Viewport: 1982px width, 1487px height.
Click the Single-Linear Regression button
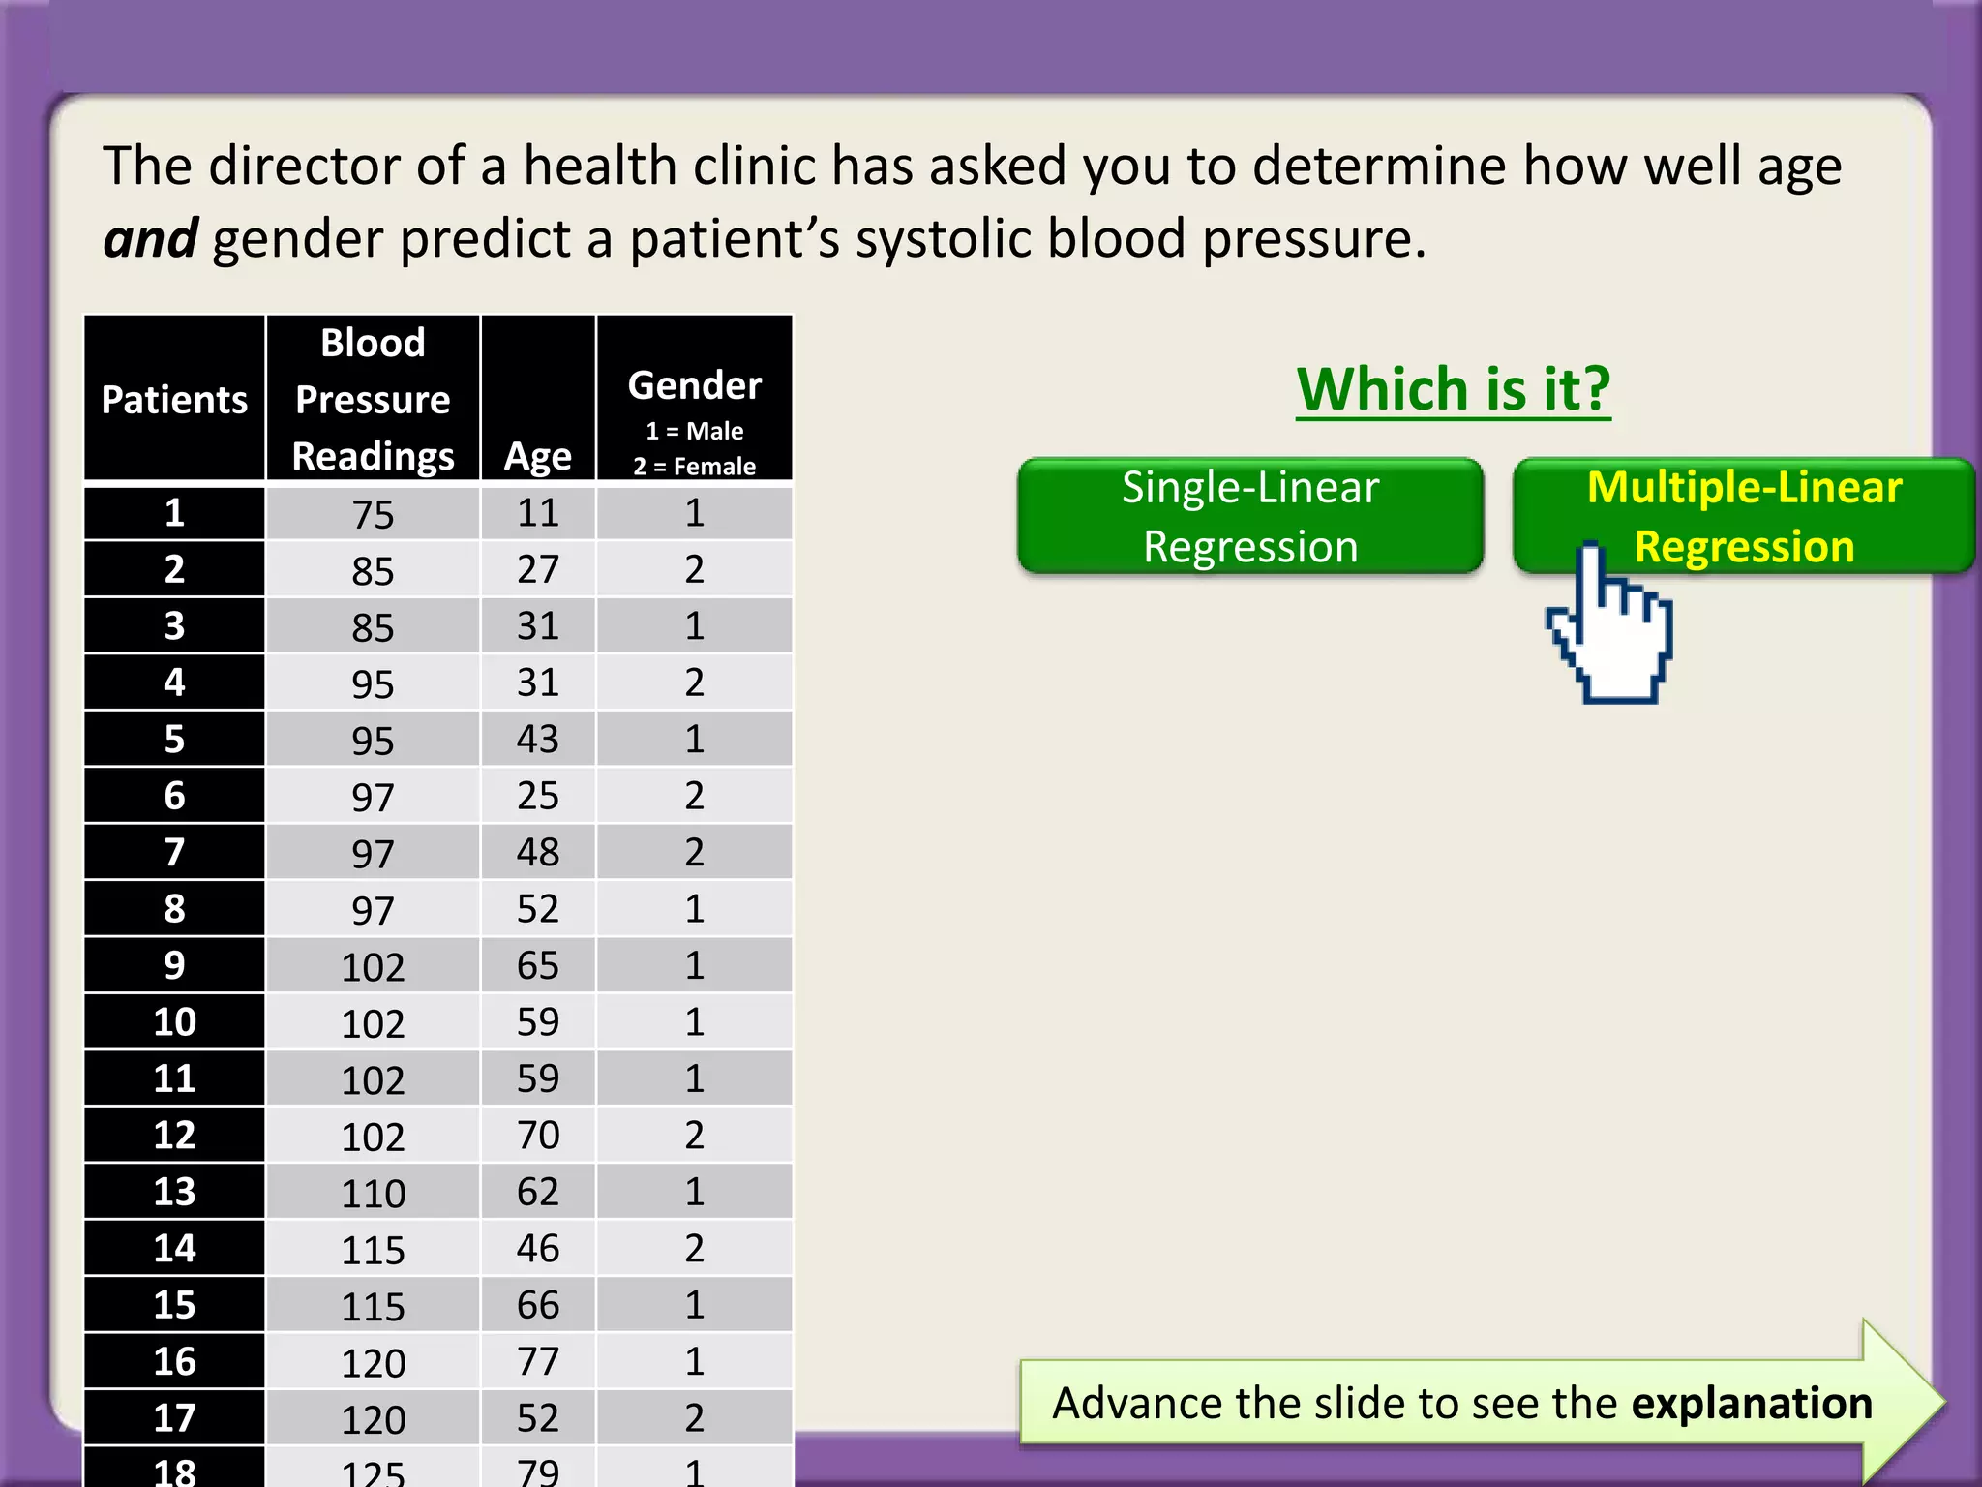coord(1249,517)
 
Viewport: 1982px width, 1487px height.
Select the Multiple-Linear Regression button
coord(1744,517)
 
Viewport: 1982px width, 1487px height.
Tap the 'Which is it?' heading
coord(1454,389)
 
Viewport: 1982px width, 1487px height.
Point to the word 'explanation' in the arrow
coord(1752,1404)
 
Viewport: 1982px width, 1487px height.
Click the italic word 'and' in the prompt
coord(150,239)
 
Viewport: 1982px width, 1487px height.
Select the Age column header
coord(538,455)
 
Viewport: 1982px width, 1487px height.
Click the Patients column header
coord(174,400)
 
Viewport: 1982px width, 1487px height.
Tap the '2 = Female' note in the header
coord(695,467)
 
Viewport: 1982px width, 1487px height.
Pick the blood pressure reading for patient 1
coord(373,514)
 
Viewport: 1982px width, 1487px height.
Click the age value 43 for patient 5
coord(538,740)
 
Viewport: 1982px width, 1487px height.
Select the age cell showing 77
coord(538,1362)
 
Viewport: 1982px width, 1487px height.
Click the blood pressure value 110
coord(373,1194)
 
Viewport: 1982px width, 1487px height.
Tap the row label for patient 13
coord(174,1192)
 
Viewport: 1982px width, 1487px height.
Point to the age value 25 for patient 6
coord(538,796)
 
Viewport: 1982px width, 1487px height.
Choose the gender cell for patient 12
coord(695,1135)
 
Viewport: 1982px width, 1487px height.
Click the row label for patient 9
coord(174,965)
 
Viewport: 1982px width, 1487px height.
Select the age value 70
coord(538,1135)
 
